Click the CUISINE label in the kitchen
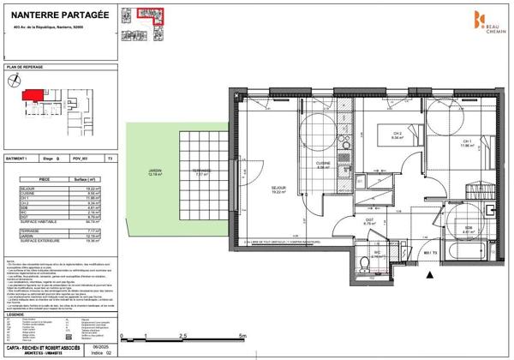tap(324, 165)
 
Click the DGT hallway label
tap(368, 222)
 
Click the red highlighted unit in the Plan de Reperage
tap(33, 95)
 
